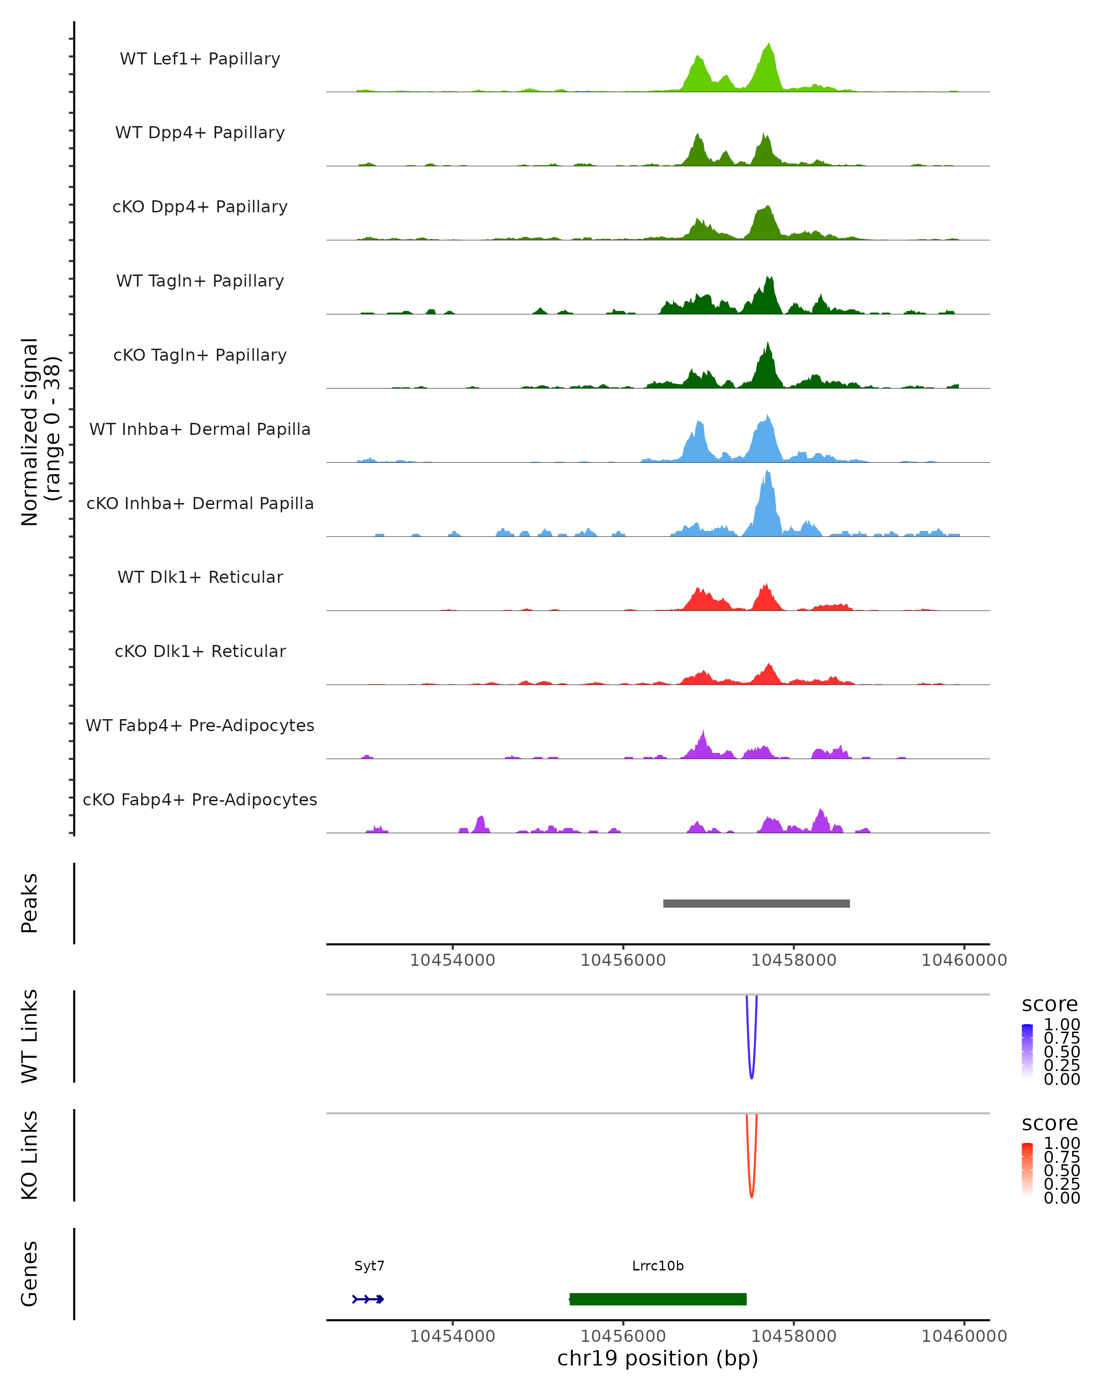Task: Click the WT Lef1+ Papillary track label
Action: pos(200,59)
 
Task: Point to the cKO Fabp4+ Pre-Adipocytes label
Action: pos(200,799)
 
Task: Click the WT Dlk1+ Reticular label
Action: pos(200,577)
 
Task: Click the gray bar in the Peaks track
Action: pos(756,903)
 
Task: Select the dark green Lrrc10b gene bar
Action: pos(658,1299)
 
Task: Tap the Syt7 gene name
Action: pos(369,1266)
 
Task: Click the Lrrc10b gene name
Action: pos(658,1266)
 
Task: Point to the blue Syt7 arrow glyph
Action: pos(368,1299)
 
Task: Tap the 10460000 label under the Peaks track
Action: pos(964,960)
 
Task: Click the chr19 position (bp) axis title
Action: pos(658,1358)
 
